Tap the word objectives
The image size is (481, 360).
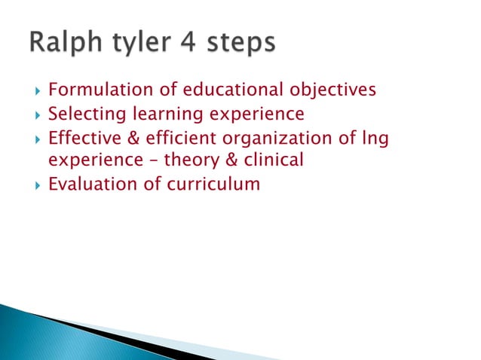click(x=333, y=91)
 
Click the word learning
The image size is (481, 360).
click(x=165, y=115)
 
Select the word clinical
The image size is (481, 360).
click(x=274, y=160)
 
